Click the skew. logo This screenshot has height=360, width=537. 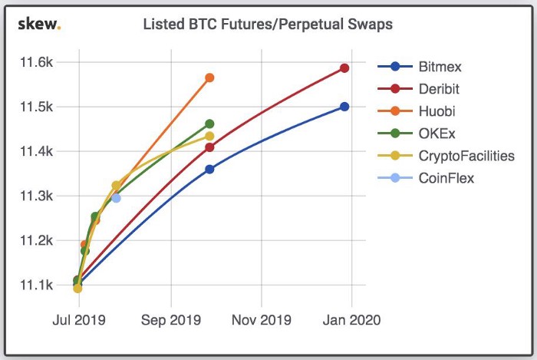click(39, 25)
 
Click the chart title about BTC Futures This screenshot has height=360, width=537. click(268, 25)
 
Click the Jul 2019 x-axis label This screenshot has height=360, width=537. click(78, 319)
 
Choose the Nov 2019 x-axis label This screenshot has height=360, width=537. click(262, 319)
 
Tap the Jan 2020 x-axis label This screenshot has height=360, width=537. click(351, 319)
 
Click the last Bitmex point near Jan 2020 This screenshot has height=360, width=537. click(344, 107)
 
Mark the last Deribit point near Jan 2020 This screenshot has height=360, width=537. click(344, 68)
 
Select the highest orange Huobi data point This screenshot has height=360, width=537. click(209, 78)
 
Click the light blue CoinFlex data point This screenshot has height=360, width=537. click(116, 198)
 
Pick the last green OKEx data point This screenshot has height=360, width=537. click(209, 124)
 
